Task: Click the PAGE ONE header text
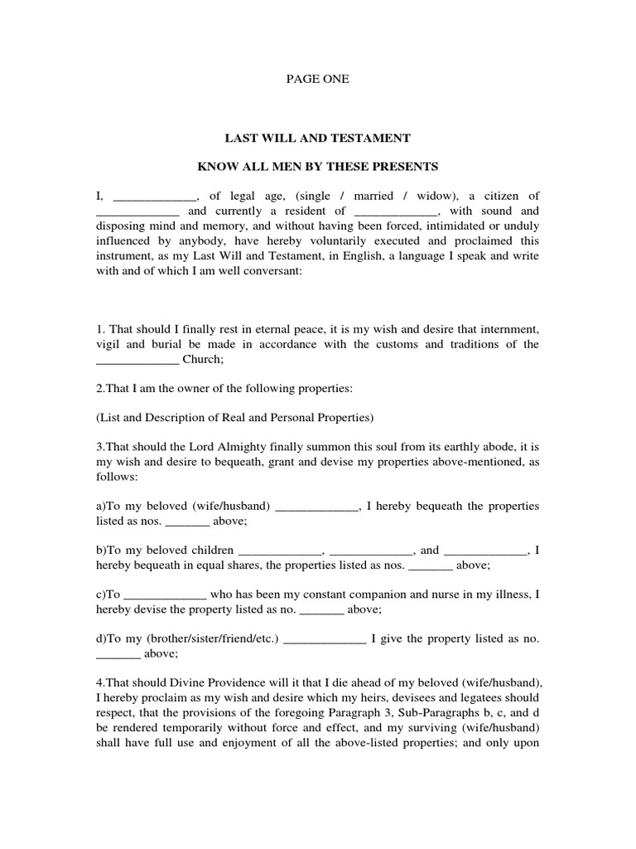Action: [x=318, y=80]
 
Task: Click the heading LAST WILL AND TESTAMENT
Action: [x=318, y=137]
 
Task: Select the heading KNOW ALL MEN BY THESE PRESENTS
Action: [x=318, y=167]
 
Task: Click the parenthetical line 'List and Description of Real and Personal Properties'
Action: [x=235, y=415]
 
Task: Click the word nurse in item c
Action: [x=447, y=594]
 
